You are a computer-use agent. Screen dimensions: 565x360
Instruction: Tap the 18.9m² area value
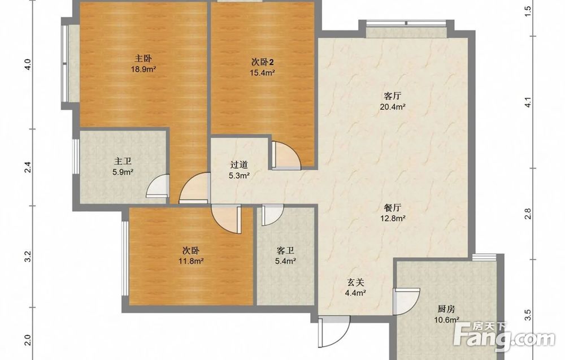pyautogui.click(x=143, y=69)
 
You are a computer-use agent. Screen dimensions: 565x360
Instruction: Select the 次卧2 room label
pyautogui.click(x=262, y=62)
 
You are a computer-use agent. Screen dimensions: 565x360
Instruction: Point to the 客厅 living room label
pyautogui.click(x=393, y=96)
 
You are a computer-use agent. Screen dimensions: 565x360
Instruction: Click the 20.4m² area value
pyautogui.click(x=393, y=107)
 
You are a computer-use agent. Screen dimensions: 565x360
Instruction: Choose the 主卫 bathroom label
pyautogui.click(x=123, y=161)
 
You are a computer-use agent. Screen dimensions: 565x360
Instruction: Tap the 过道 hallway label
pyautogui.click(x=239, y=165)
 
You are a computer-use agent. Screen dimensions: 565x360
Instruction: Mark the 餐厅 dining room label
pyautogui.click(x=393, y=207)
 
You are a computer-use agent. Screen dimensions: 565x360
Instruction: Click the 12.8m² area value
pyautogui.click(x=393, y=218)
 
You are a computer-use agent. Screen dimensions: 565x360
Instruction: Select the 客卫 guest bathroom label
pyautogui.click(x=285, y=250)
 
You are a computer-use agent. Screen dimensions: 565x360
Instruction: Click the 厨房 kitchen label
pyautogui.click(x=446, y=309)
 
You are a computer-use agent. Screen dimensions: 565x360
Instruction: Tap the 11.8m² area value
pyautogui.click(x=192, y=261)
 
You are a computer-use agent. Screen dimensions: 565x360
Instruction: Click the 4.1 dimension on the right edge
pyautogui.click(x=528, y=102)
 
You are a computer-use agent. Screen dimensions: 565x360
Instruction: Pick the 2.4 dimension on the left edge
pyautogui.click(x=28, y=168)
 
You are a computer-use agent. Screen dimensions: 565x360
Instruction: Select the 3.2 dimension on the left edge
pyautogui.click(x=28, y=256)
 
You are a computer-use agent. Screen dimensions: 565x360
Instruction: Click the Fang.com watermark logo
pyautogui.click(x=504, y=336)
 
